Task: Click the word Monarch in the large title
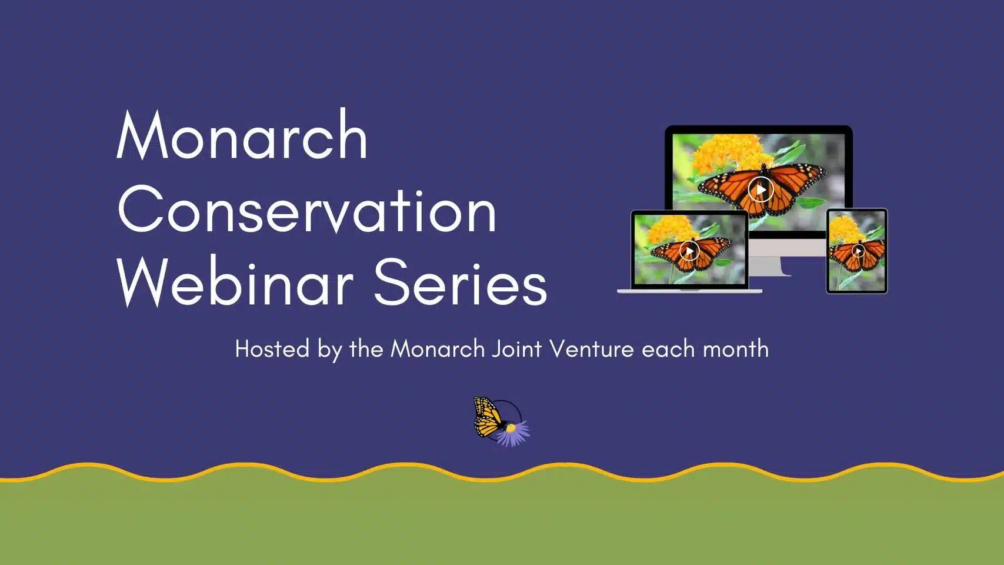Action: click(x=242, y=134)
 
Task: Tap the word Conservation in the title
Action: click(x=307, y=210)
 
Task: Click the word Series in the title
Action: click(x=461, y=282)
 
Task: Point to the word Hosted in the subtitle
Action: click(x=272, y=349)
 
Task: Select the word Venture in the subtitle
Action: click(x=592, y=349)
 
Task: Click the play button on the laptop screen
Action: click(x=689, y=251)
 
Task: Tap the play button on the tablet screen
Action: click(x=858, y=251)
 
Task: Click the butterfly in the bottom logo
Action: click(x=489, y=417)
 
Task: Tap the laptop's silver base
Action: click(x=689, y=291)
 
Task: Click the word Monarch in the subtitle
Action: click(x=438, y=349)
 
